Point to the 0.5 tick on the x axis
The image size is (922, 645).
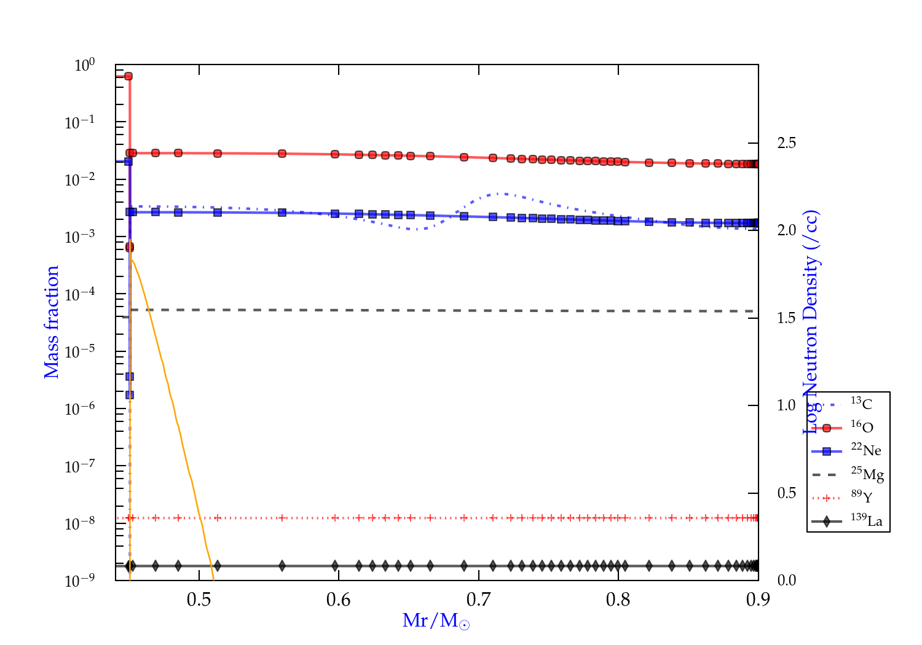pos(199,600)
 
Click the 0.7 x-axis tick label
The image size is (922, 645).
pos(478,600)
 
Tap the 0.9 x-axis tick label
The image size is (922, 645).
pos(758,600)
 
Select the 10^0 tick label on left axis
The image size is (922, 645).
pos(84,65)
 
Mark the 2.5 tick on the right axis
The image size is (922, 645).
pos(786,143)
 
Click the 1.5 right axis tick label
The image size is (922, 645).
pos(786,318)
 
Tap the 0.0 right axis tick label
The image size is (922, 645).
pos(786,580)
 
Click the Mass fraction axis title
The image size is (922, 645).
pos(52,322)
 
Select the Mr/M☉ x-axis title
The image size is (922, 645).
pos(436,621)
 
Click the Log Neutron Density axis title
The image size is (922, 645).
pos(811,322)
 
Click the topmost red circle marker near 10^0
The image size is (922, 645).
pos(128,76)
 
